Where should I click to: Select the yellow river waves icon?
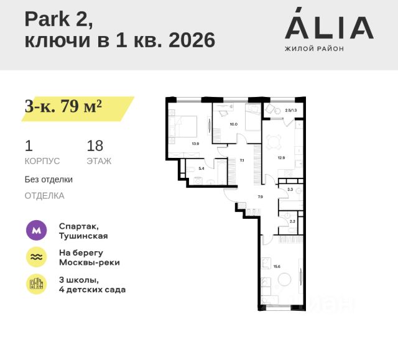tap(36, 257)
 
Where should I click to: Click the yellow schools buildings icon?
tap(36, 284)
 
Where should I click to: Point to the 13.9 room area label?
tap(195, 144)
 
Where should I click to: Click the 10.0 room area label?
tap(233, 124)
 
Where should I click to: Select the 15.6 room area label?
tap(276, 266)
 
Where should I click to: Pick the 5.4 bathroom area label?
tap(201, 168)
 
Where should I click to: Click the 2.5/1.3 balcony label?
tap(291, 110)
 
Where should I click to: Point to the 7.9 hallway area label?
tap(261, 197)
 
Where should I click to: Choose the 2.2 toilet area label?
tap(292, 221)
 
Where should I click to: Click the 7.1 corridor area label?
tap(242, 160)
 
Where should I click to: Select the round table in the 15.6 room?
tap(284, 280)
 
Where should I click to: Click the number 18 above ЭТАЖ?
tap(95, 146)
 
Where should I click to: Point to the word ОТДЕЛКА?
tap(44, 195)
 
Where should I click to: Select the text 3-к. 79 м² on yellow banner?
tap(63, 106)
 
